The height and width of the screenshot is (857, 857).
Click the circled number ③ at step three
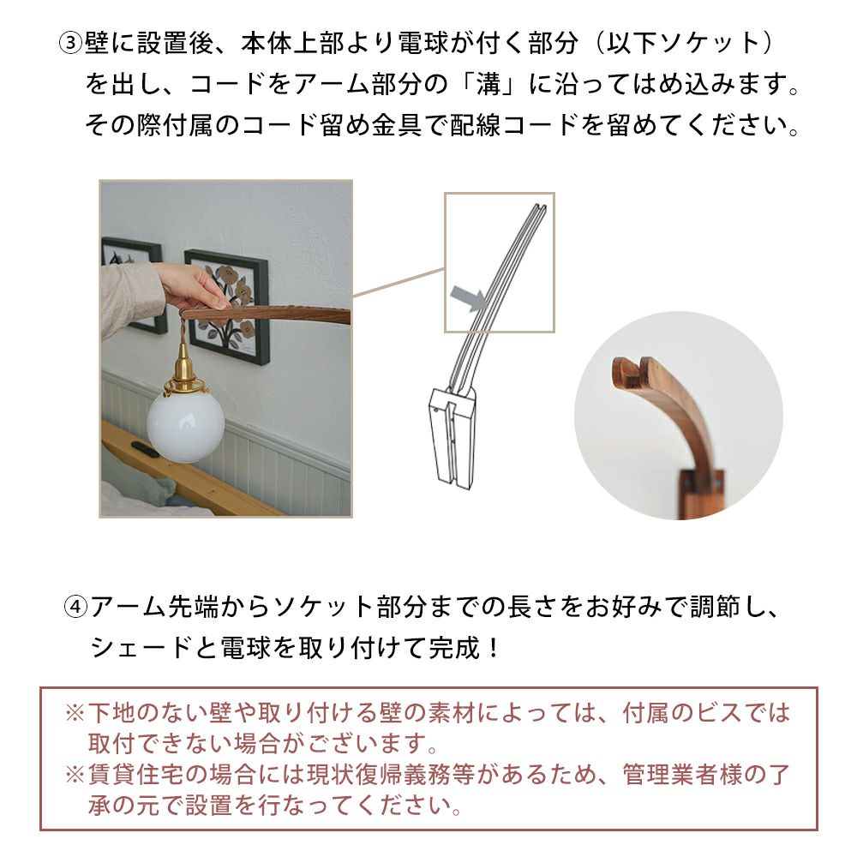click(70, 43)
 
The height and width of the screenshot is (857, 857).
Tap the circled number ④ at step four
click(76, 607)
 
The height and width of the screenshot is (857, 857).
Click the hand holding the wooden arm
click(193, 287)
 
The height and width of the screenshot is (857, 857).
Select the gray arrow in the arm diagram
click(468, 299)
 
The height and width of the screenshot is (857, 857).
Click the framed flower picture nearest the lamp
click(226, 307)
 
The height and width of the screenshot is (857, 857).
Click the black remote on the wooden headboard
click(146, 449)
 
